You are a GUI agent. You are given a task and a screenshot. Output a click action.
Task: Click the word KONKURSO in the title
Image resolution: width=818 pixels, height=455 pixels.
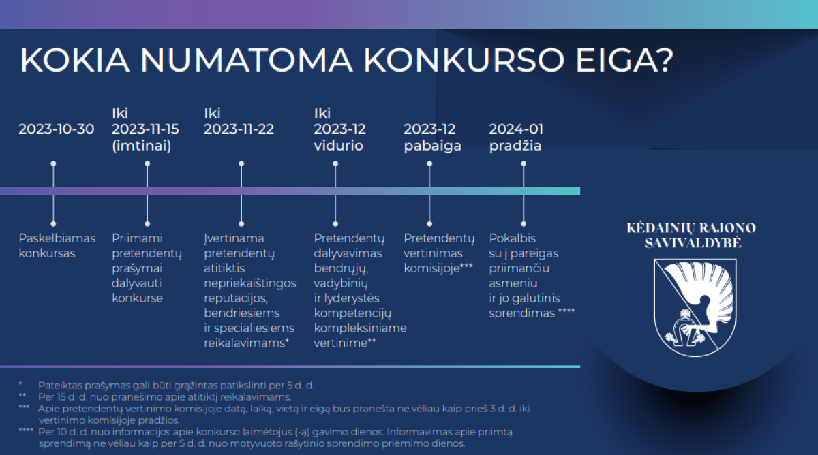click(x=464, y=60)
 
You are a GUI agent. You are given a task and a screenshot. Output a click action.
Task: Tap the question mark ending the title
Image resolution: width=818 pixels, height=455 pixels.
click(x=664, y=60)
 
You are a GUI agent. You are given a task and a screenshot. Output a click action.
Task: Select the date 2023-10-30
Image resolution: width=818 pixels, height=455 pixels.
click(x=57, y=129)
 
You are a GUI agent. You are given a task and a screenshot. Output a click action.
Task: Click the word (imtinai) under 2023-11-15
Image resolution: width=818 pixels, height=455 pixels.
click(x=142, y=146)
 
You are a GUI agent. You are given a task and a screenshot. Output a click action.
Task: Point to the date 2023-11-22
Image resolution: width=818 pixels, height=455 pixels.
click(x=239, y=129)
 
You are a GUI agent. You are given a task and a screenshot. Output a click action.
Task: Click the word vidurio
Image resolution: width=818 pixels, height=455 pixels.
click(x=339, y=146)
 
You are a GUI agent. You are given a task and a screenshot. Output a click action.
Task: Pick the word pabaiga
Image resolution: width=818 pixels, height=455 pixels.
click(x=433, y=146)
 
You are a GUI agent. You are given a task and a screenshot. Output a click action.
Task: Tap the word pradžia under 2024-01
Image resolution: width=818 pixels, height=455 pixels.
click(x=515, y=146)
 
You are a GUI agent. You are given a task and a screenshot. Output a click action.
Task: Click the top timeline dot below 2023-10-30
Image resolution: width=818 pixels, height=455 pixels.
click(x=53, y=164)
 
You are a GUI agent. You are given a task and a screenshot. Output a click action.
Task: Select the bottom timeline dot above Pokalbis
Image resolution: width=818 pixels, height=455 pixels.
click(x=524, y=223)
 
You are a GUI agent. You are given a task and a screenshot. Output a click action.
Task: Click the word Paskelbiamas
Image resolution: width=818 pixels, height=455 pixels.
click(x=57, y=238)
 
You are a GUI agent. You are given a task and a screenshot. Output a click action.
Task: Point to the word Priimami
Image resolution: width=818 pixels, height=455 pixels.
click(x=137, y=238)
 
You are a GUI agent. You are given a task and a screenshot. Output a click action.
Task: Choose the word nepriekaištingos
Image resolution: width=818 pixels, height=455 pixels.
click(x=250, y=283)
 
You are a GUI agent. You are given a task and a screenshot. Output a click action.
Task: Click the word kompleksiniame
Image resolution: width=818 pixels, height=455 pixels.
click(x=361, y=328)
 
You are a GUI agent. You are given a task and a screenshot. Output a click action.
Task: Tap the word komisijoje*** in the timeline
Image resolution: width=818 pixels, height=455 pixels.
click(x=438, y=268)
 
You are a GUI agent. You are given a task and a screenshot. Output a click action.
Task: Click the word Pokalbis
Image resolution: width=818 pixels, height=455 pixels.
click(x=513, y=238)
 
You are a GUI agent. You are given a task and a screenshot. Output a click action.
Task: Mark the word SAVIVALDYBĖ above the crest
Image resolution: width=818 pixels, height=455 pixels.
click(x=693, y=243)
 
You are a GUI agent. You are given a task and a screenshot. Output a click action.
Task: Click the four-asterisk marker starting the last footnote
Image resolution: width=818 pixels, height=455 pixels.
click(x=26, y=431)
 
